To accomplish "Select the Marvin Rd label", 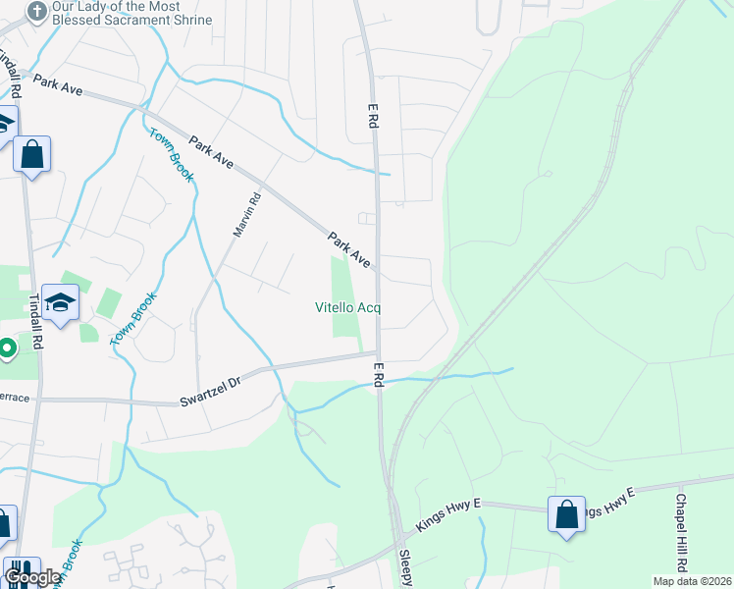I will pos(246,213).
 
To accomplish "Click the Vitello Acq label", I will pos(347,307).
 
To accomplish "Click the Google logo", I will pos(32,578).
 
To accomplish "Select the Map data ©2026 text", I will pos(692,581).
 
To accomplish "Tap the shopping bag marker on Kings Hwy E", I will pos(566,514).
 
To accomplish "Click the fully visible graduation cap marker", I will pos(60,304).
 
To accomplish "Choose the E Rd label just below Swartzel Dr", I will pos(378,374).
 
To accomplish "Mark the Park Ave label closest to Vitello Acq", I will pos(348,250).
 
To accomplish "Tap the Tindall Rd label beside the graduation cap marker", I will pos(35,321).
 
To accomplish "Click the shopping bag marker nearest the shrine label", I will pos(31,155).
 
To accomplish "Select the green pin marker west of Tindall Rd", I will pos(6,348).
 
